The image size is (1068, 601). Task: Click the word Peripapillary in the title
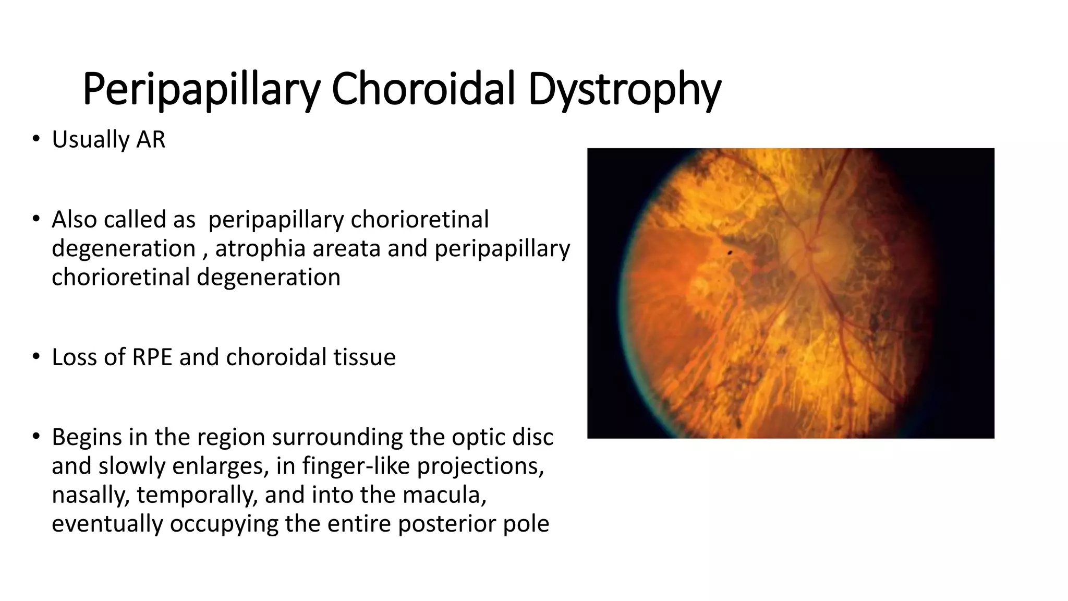pos(201,90)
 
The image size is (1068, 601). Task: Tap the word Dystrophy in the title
pos(624,90)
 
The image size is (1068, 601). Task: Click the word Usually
pos(90,140)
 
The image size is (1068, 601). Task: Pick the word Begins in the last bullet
pos(87,438)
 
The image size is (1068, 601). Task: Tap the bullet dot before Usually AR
pos(35,139)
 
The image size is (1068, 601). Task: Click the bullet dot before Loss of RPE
pos(35,357)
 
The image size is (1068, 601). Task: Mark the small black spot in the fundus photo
pos(730,253)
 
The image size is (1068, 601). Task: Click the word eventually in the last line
pos(107,523)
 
